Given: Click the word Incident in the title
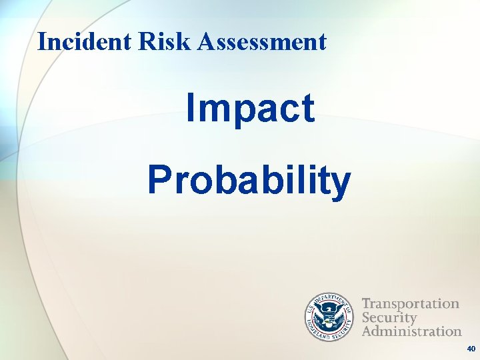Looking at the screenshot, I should coord(85,42).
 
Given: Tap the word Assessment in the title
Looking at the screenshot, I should coord(262,42).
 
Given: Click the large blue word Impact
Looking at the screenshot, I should coord(250,109).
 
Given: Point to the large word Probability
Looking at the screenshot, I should coord(249,181).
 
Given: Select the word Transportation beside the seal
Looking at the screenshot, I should coord(411,304).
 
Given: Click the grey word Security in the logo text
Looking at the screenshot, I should coord(389,317).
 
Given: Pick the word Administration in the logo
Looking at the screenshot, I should coord(412,331).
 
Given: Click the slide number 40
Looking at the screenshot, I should coord(471,349).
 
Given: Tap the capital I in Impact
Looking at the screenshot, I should coord(191,109).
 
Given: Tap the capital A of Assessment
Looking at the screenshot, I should coord(207,42).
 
